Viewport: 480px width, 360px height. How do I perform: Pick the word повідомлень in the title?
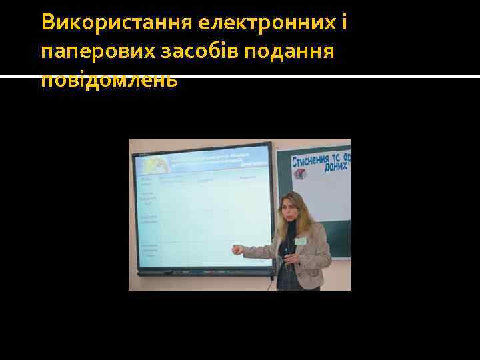coord(109,80)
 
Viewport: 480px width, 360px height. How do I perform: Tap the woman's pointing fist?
coord(236,251)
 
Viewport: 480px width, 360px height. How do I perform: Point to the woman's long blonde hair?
coord(307,213)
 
